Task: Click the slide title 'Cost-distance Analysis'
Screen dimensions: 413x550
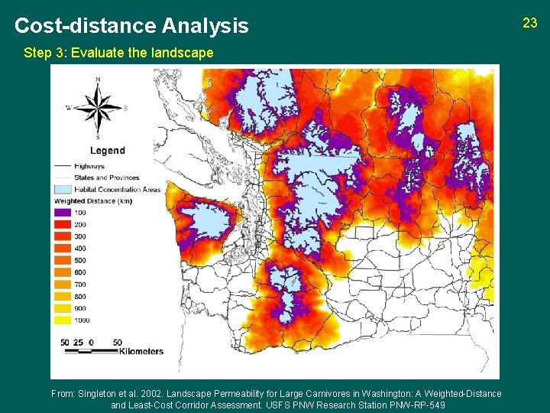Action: (131, 26)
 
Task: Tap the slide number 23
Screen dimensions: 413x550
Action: (530, 23)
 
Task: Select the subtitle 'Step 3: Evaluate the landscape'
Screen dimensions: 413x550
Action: (118, 54)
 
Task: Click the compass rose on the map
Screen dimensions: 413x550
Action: (97, 108)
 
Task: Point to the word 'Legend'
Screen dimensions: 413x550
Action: (107, 151)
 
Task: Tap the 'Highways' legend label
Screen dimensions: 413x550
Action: (89, 165)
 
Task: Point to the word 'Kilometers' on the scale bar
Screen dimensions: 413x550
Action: (141, 352)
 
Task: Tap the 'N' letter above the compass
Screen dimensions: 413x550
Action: (97, 80)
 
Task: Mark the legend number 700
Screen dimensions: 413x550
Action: (80, 285)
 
